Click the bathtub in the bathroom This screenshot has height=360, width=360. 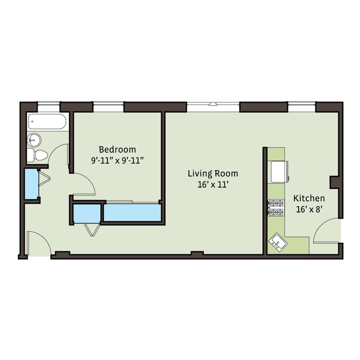47,122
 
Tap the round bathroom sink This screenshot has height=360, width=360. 34,139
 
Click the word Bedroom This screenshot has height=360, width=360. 117,150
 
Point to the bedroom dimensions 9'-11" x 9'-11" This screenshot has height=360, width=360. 117,160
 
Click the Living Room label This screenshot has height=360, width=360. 213,174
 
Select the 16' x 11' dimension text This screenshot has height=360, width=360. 213,185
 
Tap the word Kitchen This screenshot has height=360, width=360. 309,198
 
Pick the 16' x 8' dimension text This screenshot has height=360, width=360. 309,209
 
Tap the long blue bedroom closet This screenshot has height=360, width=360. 132,212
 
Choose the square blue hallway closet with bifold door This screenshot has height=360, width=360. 87,214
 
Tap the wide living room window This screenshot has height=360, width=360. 213,104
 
